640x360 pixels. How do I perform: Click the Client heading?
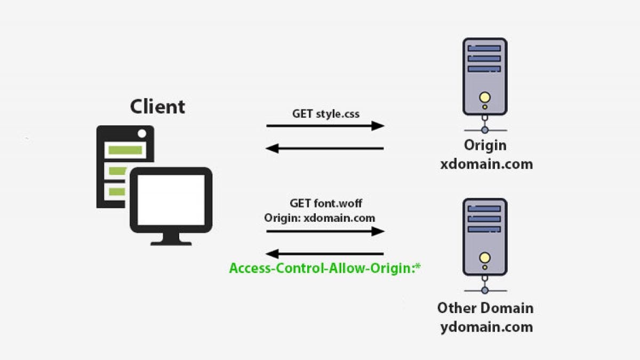[x=157, y=106]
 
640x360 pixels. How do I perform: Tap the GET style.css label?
[x=325, y=114]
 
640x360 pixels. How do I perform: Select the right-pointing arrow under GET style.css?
[x=325, y=126]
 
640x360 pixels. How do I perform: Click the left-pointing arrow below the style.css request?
[x=325, y=148]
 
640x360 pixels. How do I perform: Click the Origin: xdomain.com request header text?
[x=319, y=218]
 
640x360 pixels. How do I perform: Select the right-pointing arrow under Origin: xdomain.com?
[x=325, y=231]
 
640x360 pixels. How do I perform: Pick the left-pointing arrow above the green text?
[x=325, y=254]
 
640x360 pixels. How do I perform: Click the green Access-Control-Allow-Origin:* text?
[x=325, y=268]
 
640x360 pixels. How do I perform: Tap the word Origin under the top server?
[x=485, y=146]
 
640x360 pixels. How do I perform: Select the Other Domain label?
[x=485, y=308]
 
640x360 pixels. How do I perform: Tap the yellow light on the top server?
[x=484, y=98]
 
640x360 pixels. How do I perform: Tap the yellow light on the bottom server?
[x=484, y=258]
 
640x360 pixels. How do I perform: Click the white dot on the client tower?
[x=141, y=133]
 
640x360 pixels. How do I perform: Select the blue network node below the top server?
[x=484, y=130]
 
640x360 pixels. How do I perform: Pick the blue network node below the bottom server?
[x=484, y=290]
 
